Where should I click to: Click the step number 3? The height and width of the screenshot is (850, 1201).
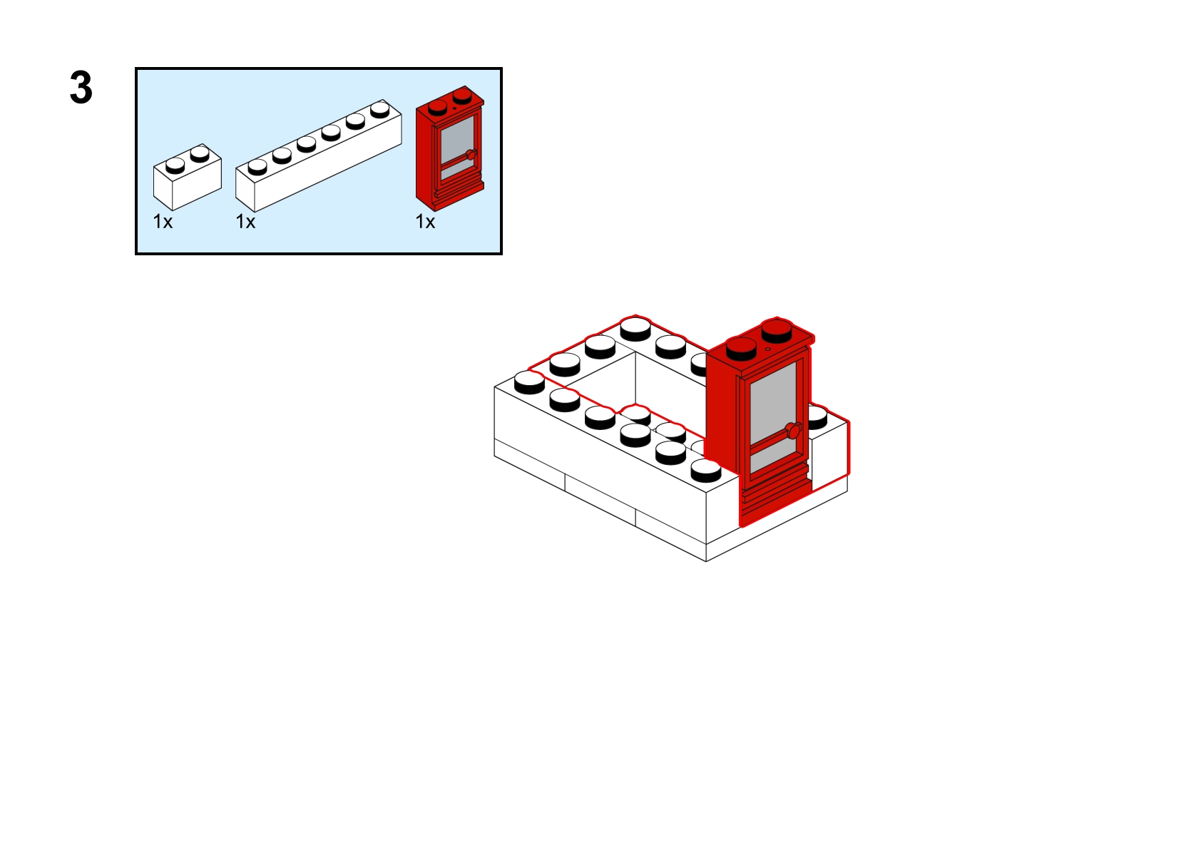click(81, 88)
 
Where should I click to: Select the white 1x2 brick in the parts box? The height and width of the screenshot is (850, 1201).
click(187, 178)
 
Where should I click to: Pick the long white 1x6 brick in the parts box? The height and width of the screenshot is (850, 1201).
click(317, 158)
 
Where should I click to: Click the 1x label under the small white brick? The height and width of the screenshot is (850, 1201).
click(163, 222)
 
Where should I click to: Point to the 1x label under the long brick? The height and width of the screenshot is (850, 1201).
click(245, 222)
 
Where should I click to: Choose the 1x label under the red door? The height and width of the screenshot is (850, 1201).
click(425, 222)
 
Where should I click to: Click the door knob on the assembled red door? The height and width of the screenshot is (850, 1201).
click(792, 430)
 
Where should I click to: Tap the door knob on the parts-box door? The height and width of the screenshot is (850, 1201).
click(470, 155)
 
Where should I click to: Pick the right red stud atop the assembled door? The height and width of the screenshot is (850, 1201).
click(777, 329)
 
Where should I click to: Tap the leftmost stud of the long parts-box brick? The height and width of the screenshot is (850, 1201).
click(257, 167)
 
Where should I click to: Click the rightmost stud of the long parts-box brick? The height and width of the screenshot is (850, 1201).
click(380, 108)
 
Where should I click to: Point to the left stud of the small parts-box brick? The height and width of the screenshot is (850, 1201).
click(175, 165)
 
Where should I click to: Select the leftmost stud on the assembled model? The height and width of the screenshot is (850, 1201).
click(529, 382)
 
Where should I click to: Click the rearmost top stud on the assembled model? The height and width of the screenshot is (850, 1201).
click(635, 328)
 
